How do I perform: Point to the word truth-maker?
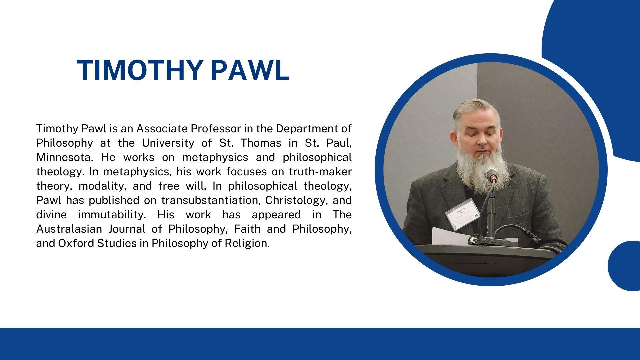coord(320,171)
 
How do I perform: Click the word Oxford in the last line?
coord(76,243)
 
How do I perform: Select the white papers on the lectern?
coord(450,235)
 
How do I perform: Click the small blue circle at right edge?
coord(624,266)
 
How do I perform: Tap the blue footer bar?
coord(320,344)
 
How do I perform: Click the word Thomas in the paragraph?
coord(260,143)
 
